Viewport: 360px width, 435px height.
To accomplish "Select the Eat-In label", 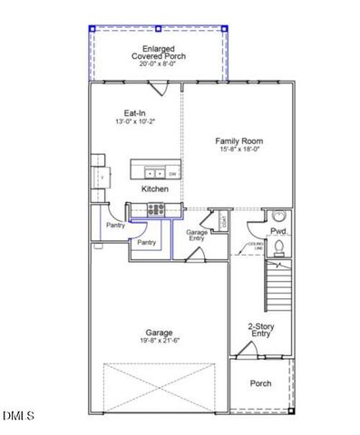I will click(135, 112).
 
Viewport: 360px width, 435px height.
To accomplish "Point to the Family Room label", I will click(239, 141).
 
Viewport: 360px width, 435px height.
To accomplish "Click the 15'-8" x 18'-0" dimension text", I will click(239, 150).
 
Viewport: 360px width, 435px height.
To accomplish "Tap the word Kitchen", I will click(154, 188).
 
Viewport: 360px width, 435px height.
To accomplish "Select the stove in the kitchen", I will click(157, 210).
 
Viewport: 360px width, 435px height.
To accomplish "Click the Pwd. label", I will click(277, 232).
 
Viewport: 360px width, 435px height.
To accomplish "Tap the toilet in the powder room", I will click(280, 246).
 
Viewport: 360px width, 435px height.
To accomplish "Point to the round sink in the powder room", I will click(279, 218).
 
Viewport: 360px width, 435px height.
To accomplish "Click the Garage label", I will click(159, 333).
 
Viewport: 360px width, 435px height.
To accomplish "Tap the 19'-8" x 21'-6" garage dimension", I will click(159, 342).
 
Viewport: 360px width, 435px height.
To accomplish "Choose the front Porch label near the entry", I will click(260, 383).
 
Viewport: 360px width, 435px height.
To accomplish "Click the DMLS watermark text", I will click(17, 416).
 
